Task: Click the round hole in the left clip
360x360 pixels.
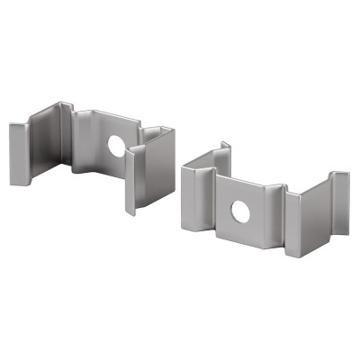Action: [115, 144]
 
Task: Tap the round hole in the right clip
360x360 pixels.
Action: [241, 211]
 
